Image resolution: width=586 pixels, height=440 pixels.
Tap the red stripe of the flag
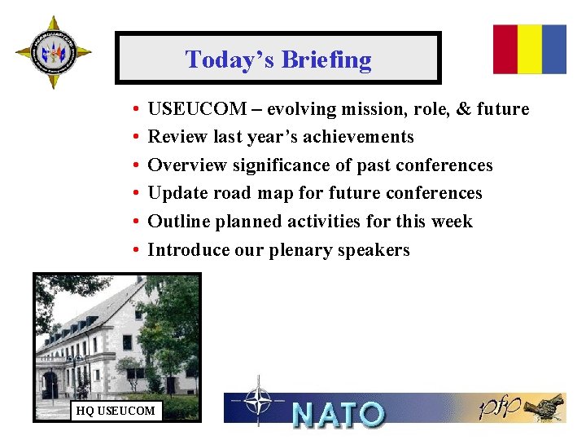click(505, 49)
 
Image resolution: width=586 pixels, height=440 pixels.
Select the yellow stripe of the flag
click(530, 49)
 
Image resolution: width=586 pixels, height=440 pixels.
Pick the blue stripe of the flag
click(554, 49)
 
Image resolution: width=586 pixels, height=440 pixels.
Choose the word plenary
click(300, 250)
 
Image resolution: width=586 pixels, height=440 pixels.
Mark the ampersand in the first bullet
click(465, 109)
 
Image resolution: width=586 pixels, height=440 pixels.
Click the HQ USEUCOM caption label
click(115, 410)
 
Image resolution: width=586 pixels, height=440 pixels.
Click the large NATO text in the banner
click(338, 414)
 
